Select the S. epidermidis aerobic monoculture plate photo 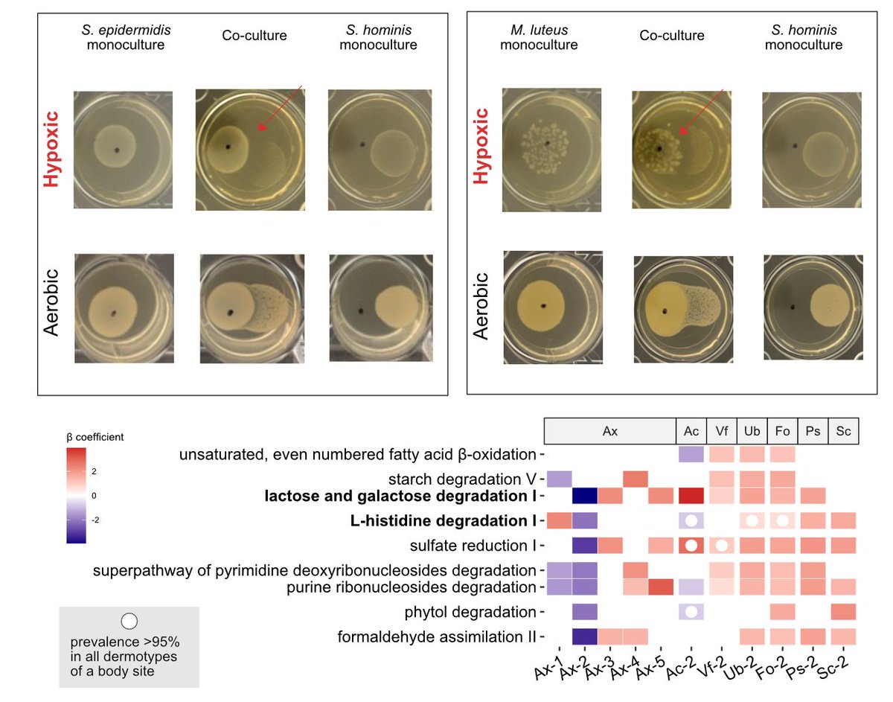tap(124, 307)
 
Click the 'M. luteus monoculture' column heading tap(539, 38)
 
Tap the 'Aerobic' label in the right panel tap(482, 305)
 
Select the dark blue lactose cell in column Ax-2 tap(584, 496)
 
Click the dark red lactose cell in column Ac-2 tap(691, 496)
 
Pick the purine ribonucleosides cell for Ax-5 tap(661, 587)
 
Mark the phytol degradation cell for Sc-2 tap(843, 612)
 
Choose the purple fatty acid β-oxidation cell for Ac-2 tap(691, 453)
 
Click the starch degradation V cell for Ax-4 tap(635, 479)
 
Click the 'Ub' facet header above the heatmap tap(751, 431)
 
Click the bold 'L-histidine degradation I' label tap(444, 520)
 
